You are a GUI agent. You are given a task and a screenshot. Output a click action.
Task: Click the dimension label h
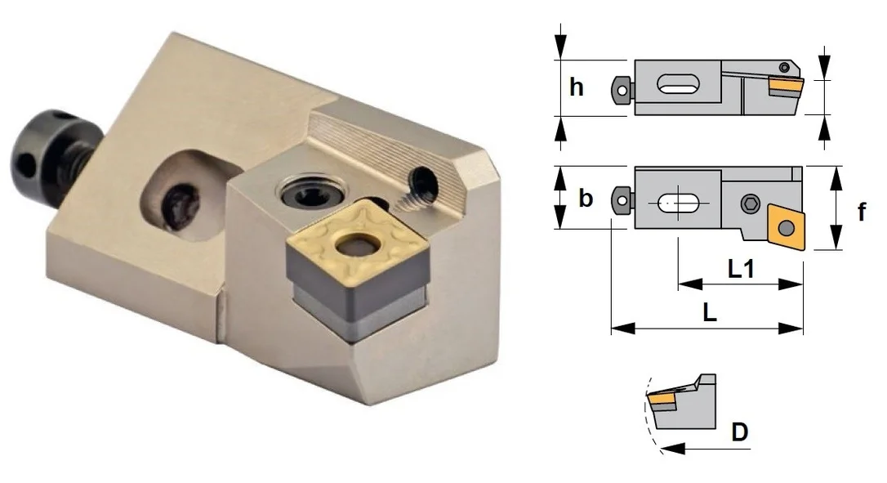coord(577,87)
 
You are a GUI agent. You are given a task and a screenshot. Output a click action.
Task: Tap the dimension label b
coord(586,198)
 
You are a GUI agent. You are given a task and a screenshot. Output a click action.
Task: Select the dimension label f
coord(862,212)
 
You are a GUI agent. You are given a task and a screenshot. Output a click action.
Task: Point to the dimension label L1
coord(741,268)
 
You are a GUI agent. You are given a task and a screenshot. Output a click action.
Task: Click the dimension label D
coord(740,432)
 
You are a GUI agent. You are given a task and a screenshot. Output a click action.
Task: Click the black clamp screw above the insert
coord(309,195)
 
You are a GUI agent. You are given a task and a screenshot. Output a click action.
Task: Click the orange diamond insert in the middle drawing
coord(785,227)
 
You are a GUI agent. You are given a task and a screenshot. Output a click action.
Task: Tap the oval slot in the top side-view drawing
coord(678,85)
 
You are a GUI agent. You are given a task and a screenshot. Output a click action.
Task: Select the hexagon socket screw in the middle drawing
coord(750,203)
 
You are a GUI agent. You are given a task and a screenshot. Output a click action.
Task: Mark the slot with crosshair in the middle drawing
coord(678,203)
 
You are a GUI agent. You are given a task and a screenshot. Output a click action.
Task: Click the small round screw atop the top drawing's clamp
coord(784,67)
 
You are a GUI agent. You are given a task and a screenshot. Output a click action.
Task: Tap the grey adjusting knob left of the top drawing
coord(622,89)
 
